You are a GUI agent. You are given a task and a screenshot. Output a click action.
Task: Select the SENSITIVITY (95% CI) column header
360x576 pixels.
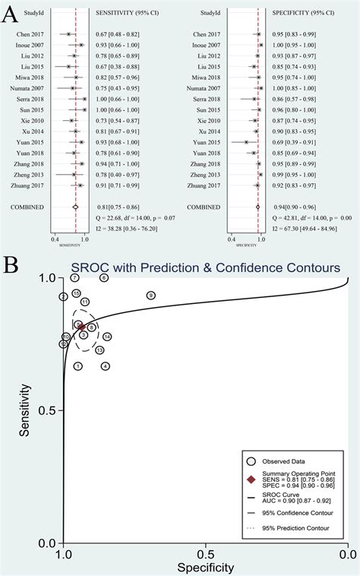(x=127, y=14)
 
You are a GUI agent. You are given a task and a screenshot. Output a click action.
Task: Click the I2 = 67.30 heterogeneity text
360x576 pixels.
(x=304, y=229)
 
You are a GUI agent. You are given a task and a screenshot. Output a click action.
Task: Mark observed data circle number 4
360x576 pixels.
(x=106, y=366)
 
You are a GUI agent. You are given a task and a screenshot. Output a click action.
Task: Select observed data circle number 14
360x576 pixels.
(x=107, y=337)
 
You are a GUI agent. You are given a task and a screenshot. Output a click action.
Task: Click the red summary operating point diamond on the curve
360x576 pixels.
(x=82, y=327)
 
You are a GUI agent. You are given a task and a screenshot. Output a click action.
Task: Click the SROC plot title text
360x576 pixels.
(x=205, y=267)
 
